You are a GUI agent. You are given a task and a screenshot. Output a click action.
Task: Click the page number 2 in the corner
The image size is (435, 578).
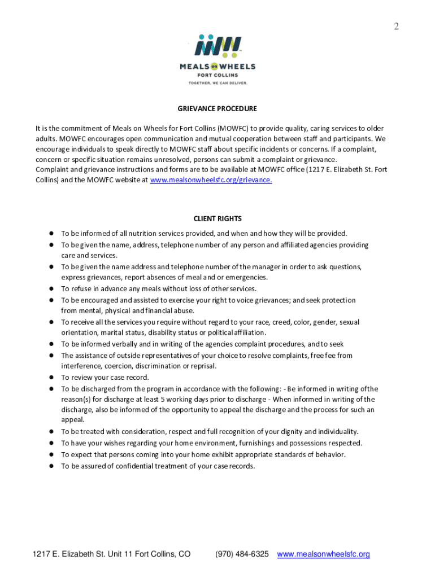(396, 26)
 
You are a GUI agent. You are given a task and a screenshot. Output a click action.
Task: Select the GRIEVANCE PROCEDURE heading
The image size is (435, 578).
(217, 108)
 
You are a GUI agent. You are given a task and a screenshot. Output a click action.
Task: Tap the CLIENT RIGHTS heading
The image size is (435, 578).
(217, 218)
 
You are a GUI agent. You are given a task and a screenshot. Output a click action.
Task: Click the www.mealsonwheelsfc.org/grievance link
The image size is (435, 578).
(211, 180)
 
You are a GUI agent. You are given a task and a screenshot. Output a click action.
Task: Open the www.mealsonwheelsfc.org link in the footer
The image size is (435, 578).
(323, 554)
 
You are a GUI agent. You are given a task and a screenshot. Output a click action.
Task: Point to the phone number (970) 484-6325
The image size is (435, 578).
(242, 554)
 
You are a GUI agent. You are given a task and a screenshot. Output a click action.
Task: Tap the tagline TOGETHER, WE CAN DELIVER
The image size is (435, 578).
(217, 82)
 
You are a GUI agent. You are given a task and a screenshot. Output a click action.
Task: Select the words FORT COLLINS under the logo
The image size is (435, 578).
(217, 75)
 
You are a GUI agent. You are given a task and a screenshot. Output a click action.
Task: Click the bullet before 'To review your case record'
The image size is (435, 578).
(51, 377)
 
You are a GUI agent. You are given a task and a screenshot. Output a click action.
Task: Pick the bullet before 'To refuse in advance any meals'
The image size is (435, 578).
(51, 288)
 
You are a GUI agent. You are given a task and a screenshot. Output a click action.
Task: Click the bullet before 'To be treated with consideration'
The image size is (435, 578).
(51, 431)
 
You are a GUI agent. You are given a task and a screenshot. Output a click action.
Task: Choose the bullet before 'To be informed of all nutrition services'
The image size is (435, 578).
(51, 233)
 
